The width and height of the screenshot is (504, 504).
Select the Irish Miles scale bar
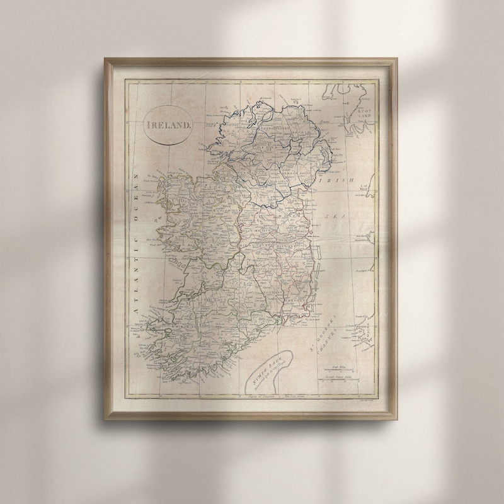338,367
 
